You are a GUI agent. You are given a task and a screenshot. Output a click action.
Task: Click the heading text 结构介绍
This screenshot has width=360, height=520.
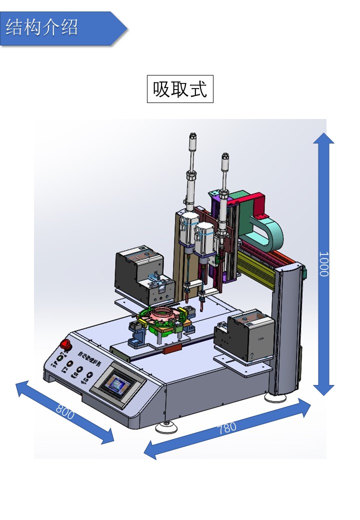click(42, 27)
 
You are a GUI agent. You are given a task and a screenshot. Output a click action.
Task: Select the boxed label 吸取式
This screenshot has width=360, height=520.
click(180, 89)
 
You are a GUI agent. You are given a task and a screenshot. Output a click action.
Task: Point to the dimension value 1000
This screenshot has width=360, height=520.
click(323, 263)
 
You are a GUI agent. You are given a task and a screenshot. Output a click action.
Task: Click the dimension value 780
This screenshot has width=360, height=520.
click(227, 428)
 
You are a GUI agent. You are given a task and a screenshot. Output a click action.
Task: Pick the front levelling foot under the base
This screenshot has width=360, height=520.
click(166, 427)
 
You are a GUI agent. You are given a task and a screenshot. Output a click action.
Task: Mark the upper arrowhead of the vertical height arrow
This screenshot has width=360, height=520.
click(323, 137)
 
